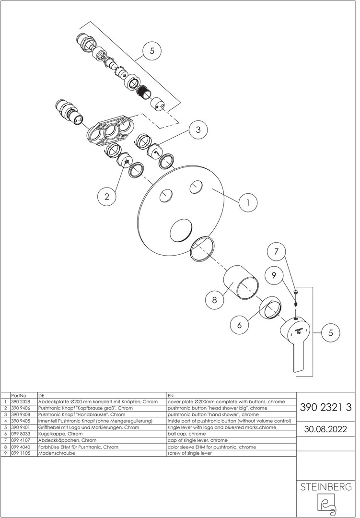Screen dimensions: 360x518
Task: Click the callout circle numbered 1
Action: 248,202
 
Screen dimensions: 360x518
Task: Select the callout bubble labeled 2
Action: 107,197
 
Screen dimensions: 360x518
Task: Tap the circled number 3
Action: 198,129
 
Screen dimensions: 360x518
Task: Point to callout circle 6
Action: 240,325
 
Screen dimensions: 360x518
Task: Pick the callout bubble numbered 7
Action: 276,252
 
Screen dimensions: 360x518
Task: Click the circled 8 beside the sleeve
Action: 214,300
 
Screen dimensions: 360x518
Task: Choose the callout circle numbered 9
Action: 274,275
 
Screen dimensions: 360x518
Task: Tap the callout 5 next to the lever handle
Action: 331,333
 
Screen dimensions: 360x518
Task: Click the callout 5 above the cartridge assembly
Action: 152,51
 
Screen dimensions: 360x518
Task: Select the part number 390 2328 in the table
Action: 21,402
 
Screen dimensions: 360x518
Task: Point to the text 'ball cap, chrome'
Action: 186,434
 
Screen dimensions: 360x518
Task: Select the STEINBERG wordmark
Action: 325,487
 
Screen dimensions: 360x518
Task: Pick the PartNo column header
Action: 19,395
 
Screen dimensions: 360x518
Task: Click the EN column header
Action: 171,395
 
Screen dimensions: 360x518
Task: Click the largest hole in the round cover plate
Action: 180,230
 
